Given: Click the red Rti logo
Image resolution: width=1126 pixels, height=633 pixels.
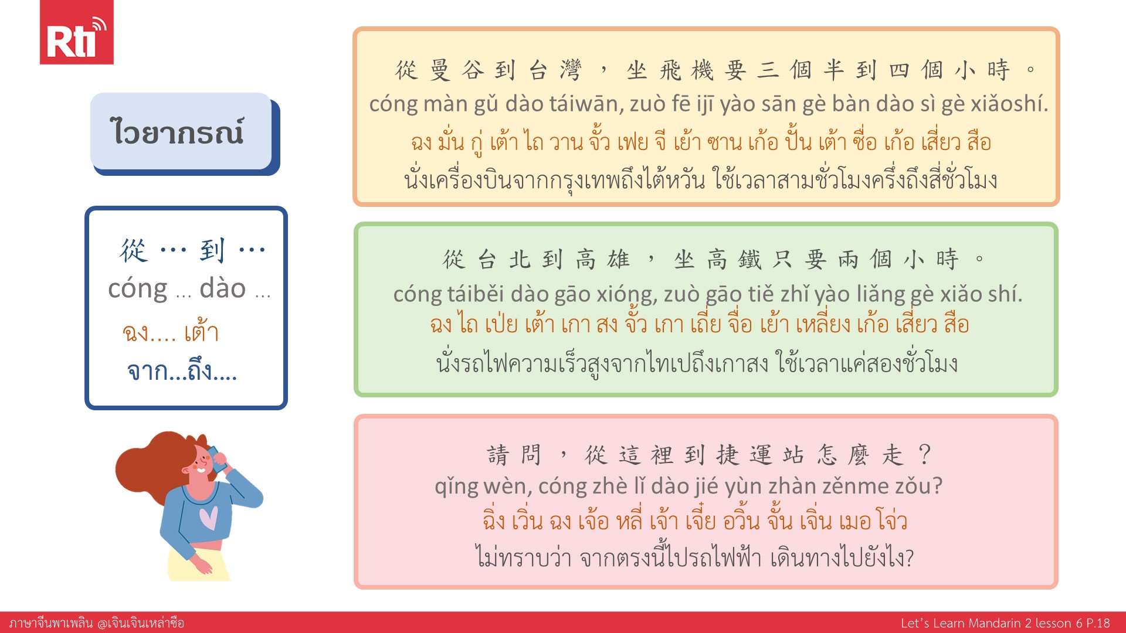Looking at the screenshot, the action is (x=76, y=32).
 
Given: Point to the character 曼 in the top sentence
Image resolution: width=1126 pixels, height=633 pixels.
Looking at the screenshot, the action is (x=440, y=70).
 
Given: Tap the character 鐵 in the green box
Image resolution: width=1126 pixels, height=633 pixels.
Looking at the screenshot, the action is (x=749, y=259).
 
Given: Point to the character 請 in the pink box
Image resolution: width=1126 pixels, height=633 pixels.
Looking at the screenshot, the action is (x=498, y=455).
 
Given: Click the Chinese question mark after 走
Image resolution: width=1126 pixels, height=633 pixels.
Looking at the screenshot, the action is (x=925, y=455).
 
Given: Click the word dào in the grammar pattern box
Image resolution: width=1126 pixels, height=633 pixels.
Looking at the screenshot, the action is (x=223, y=288).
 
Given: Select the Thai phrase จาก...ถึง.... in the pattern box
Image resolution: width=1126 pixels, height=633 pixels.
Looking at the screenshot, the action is (x=182, y=372).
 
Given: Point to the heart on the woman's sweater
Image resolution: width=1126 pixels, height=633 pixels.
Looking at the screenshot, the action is (x=208, y=517).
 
